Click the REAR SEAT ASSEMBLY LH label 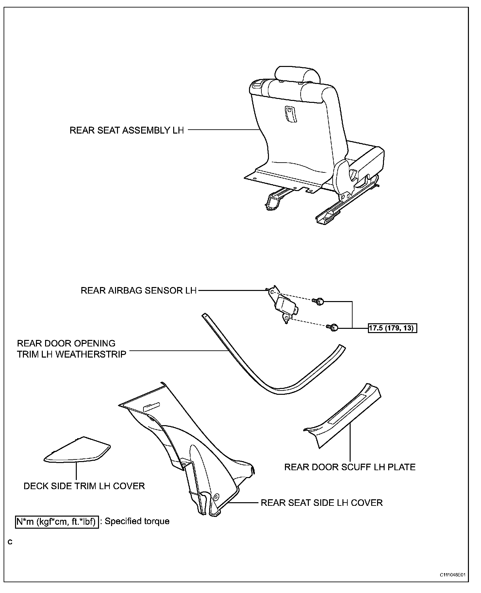[127, 130]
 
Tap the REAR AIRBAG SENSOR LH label [139, 290]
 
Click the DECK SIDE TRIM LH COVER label [84, 486]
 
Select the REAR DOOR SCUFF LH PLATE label [350, 467]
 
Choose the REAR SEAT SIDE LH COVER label [322, 503]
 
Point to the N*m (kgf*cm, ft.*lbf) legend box [57, 521]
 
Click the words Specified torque [137, 521]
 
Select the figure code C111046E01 [452, 584]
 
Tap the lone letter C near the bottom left [10, 542]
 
